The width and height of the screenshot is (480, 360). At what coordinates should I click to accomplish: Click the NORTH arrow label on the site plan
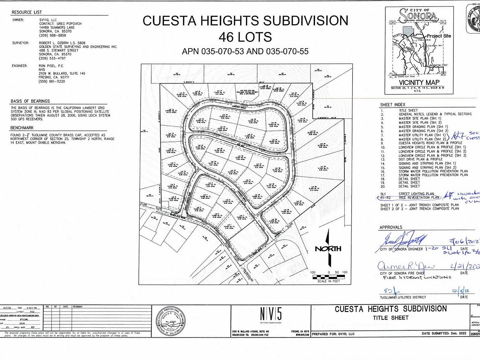point(328,249)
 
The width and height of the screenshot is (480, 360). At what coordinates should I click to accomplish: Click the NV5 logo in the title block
point(271,314)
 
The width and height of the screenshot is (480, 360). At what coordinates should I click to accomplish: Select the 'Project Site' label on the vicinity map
point(439,36)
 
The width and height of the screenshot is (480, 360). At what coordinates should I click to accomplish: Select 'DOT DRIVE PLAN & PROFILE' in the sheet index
point(421,159)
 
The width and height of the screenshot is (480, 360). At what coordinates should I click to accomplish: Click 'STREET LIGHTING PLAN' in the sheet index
point(416,194)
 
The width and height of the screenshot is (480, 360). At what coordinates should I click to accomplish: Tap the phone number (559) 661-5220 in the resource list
point(52,82)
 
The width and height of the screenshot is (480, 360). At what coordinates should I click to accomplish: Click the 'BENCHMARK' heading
point(22,128)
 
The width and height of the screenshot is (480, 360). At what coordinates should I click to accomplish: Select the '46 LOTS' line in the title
point(245,37)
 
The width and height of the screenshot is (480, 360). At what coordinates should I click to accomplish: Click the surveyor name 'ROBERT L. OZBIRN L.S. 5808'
point(62,43)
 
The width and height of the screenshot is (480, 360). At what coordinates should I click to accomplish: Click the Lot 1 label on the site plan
point(229,226)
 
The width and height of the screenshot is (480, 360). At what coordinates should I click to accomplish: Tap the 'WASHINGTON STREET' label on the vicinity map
point(438,65)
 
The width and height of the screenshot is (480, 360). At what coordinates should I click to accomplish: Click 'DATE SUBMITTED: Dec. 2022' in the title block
point(444,333)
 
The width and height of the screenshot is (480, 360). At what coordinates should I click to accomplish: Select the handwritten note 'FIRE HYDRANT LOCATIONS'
point(417,277)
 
